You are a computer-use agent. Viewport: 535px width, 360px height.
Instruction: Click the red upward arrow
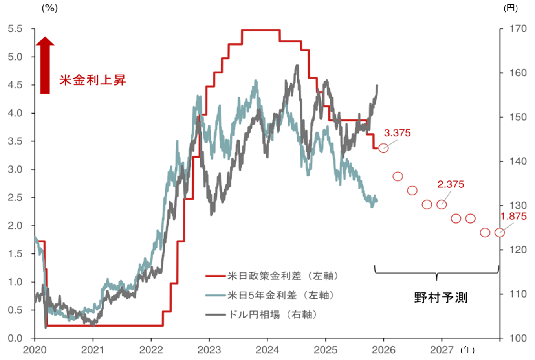pos(45,65)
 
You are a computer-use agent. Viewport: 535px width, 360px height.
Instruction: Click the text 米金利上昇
pos(93,80)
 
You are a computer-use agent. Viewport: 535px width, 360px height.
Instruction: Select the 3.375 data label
pos(397,133)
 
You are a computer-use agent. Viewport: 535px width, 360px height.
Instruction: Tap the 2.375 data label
pos(451,184)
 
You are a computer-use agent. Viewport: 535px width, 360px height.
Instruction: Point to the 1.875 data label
pos(513,216)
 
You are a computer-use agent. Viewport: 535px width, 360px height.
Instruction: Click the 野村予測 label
pos(441,298)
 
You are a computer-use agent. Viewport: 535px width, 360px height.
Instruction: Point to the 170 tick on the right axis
pos(518,29)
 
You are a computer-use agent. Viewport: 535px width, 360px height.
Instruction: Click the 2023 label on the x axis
pos(209,349)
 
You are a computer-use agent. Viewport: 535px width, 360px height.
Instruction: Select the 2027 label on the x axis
pos(442,349)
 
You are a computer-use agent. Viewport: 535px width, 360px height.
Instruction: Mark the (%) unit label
pos(49,8)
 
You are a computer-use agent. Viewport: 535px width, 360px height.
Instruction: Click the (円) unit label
pos(511,8)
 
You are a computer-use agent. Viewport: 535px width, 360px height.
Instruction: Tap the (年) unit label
pos(467,349)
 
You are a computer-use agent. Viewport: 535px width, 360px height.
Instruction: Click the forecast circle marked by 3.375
pos(383,148)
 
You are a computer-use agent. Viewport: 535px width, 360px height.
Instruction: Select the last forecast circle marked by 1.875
pos(499,233)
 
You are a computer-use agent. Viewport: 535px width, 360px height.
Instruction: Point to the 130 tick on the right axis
pos(518,205)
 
